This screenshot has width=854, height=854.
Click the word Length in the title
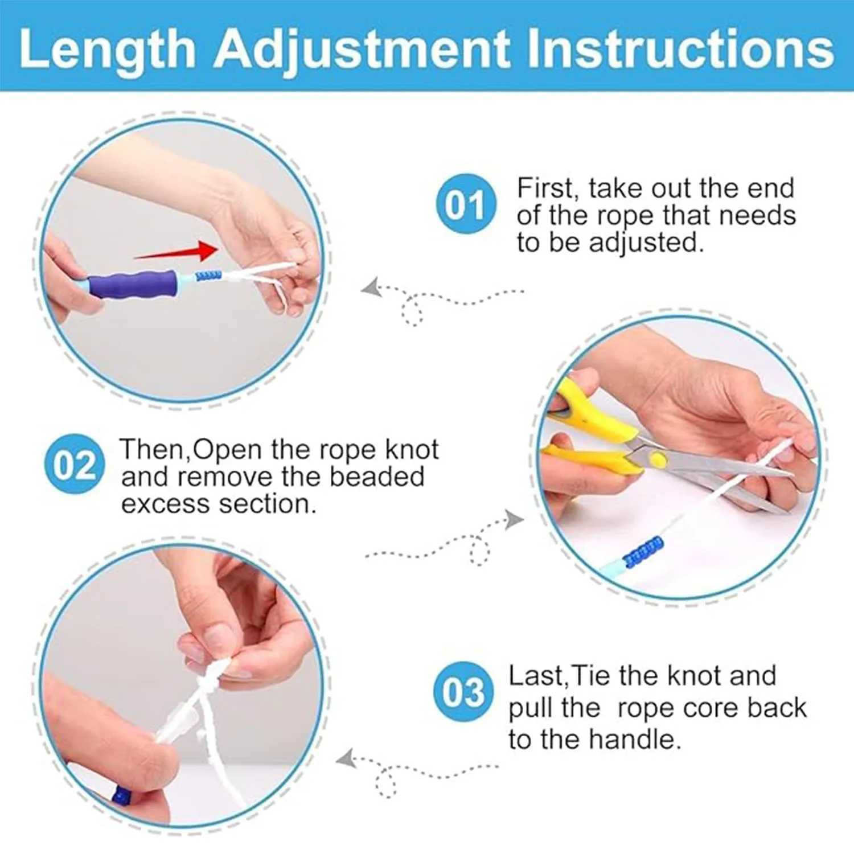point(107,50)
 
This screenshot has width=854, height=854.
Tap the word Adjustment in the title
point(362,50)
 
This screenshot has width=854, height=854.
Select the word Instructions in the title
point(680,50)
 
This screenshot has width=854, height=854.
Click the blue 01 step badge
point(466,204)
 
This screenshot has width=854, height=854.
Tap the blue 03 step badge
point(462,692)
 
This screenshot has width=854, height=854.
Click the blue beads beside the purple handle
point(208,276)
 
